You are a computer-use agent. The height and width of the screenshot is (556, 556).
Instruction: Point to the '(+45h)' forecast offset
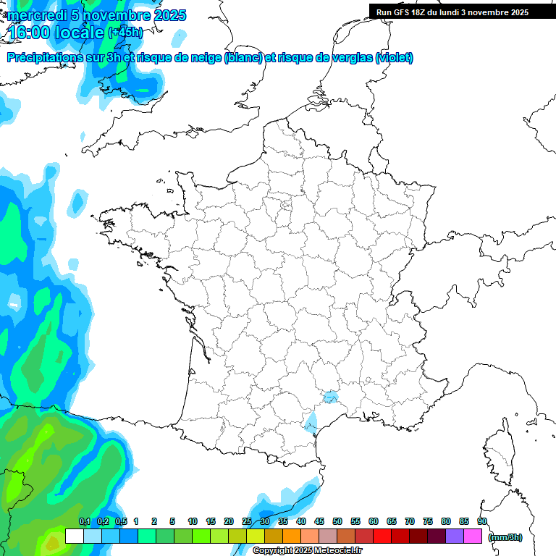coord(125,33)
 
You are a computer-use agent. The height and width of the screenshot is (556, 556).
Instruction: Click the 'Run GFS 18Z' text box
coord(452,12)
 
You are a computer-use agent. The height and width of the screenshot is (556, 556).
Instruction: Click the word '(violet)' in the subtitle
coord(395,58)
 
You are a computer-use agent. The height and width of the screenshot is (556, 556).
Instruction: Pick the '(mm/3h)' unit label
coord(505,537)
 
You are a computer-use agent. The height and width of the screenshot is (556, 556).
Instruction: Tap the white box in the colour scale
coord(74,536)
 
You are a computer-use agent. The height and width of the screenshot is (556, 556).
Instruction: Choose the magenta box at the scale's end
coord(473,536)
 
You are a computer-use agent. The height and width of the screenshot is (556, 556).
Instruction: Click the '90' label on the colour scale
coord(482,521)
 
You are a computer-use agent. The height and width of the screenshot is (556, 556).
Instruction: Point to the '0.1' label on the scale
coord(85,521)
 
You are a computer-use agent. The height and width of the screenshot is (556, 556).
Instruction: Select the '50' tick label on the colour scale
coord(337,521)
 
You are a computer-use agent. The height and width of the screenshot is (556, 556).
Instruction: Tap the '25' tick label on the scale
coord(247,521)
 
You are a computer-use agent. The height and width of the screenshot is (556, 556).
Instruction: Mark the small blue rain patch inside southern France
coord(330,396)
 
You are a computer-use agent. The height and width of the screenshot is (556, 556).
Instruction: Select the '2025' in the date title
coord(168,15)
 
